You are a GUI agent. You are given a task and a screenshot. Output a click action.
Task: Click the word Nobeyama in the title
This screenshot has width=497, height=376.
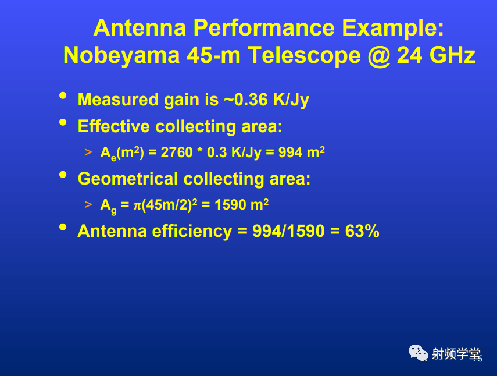(121, 55)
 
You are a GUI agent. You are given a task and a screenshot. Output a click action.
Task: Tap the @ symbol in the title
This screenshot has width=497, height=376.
(379, 56)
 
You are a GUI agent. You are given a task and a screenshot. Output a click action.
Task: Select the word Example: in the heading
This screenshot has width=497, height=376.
(393, 29)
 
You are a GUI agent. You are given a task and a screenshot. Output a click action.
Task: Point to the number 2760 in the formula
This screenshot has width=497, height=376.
(177, 152)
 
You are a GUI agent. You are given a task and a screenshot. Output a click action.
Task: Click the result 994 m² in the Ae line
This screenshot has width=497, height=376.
(302, 152)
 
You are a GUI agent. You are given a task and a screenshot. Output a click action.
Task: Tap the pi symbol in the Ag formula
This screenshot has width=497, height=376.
(137, 205)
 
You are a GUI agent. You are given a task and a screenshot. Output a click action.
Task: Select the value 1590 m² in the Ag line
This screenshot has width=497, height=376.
(242, 205)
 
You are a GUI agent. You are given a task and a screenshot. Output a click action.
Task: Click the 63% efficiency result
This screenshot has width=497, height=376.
(362, 230)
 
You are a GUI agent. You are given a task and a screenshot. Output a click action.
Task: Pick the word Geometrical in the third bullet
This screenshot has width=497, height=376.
(127, 179)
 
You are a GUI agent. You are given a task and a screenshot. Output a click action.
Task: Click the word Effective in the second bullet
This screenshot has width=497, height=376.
(113, 126)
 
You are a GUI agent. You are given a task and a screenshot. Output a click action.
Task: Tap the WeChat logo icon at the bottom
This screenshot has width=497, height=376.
(418, 353)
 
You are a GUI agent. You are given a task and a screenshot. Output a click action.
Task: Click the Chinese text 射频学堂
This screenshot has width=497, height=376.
(456, 354)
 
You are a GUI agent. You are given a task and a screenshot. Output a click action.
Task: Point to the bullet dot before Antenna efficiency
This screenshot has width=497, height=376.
(63, 227)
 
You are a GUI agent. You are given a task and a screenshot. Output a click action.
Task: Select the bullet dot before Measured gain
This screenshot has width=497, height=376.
(63, 95)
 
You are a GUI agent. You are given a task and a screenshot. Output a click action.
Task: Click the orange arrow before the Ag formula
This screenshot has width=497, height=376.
(88, 205)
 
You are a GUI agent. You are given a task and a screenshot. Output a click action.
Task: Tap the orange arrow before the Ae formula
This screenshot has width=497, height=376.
(88, 152)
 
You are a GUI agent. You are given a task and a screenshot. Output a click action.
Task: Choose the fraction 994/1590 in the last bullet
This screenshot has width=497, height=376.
(288, 230)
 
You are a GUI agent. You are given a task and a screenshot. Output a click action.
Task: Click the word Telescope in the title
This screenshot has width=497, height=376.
(304, 56)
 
